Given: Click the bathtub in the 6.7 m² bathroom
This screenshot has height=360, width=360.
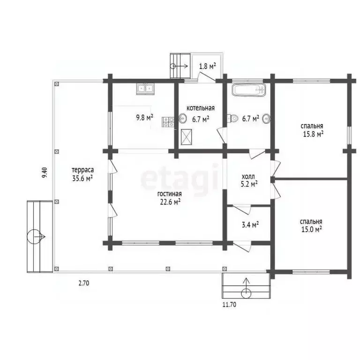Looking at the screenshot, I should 248,90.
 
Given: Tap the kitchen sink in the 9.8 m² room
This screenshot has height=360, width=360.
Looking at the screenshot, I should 145,88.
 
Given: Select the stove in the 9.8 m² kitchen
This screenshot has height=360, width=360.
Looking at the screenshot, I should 168,122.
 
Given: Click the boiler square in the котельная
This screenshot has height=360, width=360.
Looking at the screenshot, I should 187,136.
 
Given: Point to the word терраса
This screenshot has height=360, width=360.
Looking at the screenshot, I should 82,170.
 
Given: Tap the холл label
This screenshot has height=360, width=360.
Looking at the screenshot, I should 248,177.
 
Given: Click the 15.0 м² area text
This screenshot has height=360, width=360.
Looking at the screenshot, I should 311,229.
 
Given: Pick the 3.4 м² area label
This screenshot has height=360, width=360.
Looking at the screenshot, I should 250,225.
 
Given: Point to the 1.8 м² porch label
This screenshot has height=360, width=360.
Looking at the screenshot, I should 207,66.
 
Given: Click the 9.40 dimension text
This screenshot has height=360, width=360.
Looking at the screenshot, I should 44,173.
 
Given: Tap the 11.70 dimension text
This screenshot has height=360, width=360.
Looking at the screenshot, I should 229,305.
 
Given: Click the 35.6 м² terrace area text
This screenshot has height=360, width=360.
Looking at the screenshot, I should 82,178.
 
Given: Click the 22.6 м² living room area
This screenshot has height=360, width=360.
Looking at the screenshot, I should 170,202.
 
